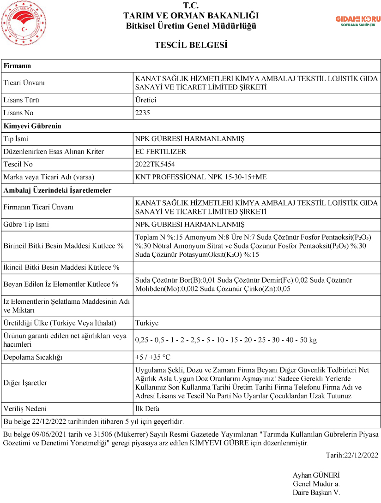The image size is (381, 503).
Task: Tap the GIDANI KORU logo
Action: coord(357,21)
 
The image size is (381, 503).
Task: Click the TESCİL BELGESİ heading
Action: coord(191,45)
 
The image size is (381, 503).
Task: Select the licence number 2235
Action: coord(143,113)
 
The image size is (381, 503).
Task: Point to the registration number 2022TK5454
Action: coord(155,164)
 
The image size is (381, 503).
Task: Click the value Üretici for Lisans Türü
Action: coord(145,100)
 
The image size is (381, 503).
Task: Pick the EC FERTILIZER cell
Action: coord(161,151)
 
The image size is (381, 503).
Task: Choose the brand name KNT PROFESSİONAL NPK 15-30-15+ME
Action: coord(200,177)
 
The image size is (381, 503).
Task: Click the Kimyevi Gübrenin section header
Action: coord(32,126)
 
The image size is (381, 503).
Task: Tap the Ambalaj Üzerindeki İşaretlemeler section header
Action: coord(57,190)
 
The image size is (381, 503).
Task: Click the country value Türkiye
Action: coord(146,323)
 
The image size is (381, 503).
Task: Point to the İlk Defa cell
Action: coord(147,408)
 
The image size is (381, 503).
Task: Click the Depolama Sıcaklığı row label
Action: coord(33,357)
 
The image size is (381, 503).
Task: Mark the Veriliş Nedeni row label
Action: coord(25,408)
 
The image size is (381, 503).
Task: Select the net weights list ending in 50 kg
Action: coord(226,340)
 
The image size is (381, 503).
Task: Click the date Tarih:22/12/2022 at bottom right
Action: coord(352,456)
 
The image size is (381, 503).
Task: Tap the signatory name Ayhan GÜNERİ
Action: coord(316,475)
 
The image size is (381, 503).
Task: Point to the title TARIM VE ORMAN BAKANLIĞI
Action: coord(191,16)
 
